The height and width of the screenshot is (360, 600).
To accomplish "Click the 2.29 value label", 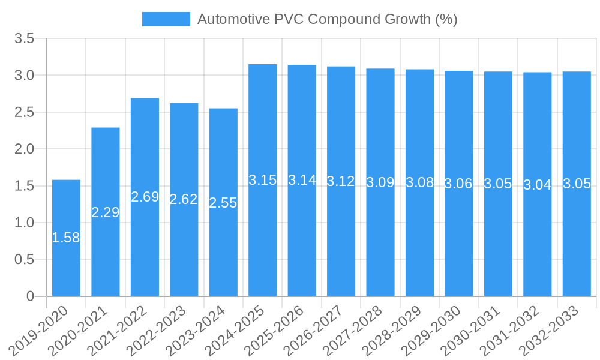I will pos(106,212).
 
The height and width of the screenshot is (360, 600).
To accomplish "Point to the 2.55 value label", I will pos(223,203).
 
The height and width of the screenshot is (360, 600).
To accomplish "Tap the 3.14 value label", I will pos(302,180).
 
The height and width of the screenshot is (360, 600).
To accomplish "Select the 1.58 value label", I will pos(66,238).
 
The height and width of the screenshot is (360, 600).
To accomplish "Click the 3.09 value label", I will pos(380,182).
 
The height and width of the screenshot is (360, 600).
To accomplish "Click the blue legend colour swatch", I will pos(166,19).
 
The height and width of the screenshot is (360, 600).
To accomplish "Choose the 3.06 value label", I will pos(459,184).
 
